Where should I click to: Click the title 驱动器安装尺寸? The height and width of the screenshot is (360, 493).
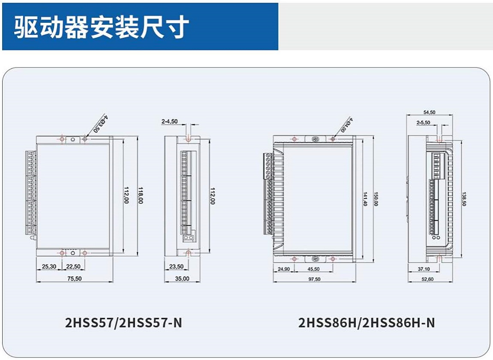(x=101, y=27)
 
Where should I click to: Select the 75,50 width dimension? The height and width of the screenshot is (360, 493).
(x=74, y=279)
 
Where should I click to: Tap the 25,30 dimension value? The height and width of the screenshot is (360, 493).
(x=49, y=267)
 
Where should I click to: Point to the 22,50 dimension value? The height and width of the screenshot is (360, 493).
(x=73, y=267)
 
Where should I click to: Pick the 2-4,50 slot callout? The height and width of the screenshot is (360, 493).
(x=169, y=122)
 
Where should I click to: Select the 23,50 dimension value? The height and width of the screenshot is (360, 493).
(x=176, y=267)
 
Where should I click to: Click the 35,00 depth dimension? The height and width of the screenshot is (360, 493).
(x=182, y=279)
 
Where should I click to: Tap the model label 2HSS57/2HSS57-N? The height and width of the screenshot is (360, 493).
(x=123, y=323)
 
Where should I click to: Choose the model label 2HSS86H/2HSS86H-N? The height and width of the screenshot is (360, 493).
(x=367, y=323)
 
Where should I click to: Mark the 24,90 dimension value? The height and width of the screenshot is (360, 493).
(x=283, y=269)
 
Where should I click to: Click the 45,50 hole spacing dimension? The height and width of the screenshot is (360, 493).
(x=313, y=269)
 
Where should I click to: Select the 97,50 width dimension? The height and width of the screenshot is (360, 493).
(x=314, y=279)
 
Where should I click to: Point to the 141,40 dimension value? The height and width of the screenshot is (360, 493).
(x=365, y=198)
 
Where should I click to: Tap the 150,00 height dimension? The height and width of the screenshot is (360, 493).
(x=376, y=198)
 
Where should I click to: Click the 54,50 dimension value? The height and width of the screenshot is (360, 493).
(x=429, y=112)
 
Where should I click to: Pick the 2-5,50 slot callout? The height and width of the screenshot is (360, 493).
(x=424, y=123)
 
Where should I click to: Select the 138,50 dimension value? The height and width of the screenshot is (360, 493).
(x=464, y=198)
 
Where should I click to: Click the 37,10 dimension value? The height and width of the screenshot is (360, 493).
(x=423, y=269)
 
